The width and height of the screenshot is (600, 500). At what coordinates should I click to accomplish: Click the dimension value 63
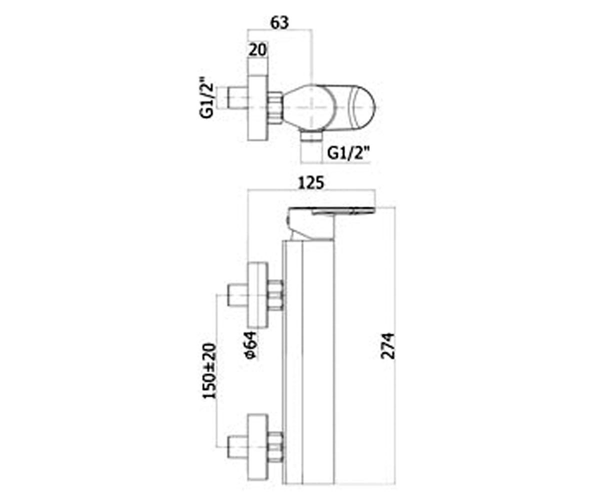point(279,23)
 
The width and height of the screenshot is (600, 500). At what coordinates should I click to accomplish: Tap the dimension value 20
point(257,50)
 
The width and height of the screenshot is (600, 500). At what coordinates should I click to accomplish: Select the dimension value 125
point(311,183)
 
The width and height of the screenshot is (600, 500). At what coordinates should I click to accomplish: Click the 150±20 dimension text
point(210,370)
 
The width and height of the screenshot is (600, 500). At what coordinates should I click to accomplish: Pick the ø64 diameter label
point(250,345)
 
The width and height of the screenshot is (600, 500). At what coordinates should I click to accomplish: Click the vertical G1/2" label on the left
point(206,96)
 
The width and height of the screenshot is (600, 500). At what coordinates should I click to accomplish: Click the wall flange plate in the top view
point(258,108)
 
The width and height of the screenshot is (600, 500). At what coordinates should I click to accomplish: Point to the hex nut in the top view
point(275,108)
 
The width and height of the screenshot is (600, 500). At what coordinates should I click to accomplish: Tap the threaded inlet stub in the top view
point(237,97)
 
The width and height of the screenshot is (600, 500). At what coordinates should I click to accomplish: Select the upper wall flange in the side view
point(258,295)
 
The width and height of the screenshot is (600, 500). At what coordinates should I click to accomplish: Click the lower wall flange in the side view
point(258,447)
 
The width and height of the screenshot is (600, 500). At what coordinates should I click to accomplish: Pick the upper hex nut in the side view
point(275,295)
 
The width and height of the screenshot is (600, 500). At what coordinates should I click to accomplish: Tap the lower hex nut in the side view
point(275,447)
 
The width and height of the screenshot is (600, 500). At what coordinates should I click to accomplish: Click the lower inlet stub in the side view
point(237,447)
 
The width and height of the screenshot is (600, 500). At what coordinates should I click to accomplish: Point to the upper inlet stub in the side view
point(237,295)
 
